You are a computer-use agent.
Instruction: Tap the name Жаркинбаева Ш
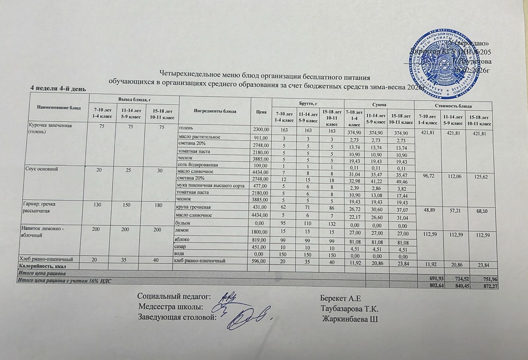point(350,319)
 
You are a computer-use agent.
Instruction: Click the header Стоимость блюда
point(453,106)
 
